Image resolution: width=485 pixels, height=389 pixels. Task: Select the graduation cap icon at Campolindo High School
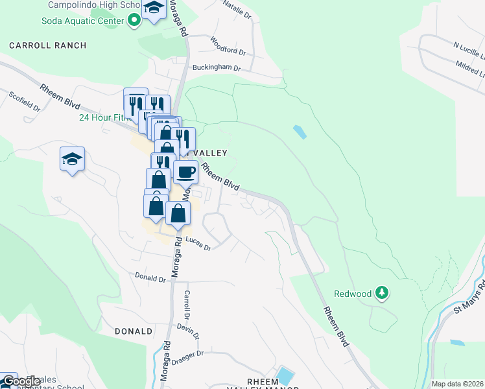click(154, 8)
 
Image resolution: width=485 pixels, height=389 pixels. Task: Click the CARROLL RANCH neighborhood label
click(47, 45)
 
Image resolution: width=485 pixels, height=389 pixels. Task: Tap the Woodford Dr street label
click(228, 45)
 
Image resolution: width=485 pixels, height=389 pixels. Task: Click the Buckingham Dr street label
click(216, 67)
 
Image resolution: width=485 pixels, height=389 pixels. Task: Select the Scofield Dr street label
click(25, 101)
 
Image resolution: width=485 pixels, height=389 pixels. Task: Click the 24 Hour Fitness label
click(102, 118)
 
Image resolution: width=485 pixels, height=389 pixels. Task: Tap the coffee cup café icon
click(185, 172)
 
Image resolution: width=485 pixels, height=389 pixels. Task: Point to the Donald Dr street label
click(150, 278)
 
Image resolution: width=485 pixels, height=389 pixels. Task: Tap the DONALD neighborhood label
click(134, 331)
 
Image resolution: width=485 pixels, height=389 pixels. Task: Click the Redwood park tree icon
click(383, 293)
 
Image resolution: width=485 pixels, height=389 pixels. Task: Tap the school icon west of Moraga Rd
click(72, 158)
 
